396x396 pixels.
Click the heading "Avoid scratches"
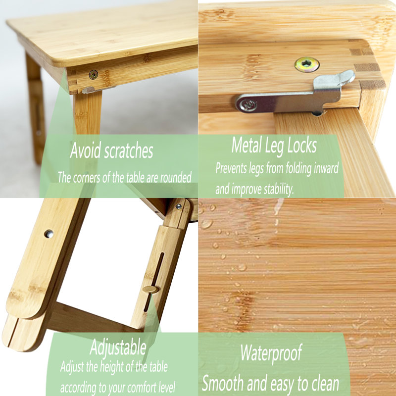pyautogui.click(x=111, y=150)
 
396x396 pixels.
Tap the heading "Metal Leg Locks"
pyautogui.click(x=274, y=146)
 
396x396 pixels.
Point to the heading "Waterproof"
pyautogui.click(x=271, y=353)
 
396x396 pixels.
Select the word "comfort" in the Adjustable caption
pyautogui.click(x=131, y=386)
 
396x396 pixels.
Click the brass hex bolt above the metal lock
pyautogui.click(x=307, y=64)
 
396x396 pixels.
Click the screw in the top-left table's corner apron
pyautogui.click(x=93, y=75)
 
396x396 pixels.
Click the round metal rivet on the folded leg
pyautogui.click(x=49, y=233)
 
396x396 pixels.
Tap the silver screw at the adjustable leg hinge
pyautogui.click(x=178, y=206)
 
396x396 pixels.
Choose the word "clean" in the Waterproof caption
pyautogui.click(x=322, y=384)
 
